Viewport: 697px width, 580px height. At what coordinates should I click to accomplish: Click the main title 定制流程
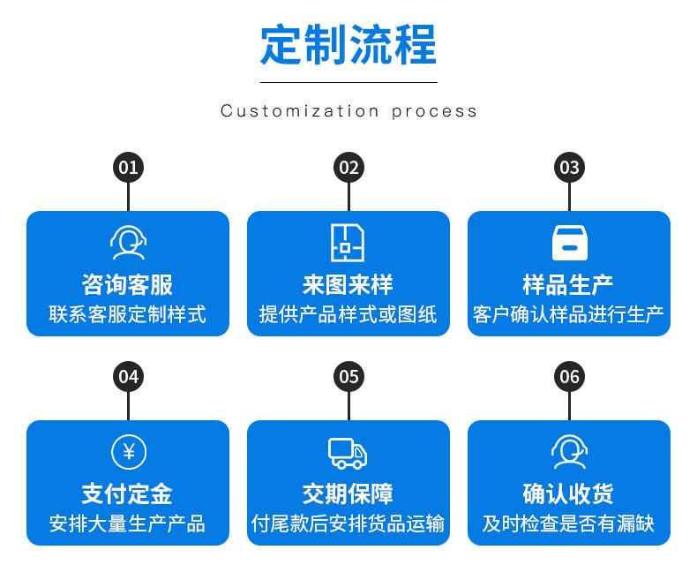pyautogui.click(x=348, y=44)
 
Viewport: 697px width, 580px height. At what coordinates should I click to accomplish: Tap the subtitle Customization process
pyautogui.click(x=348, y=111)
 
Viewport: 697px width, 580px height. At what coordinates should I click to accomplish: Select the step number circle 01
pyautogui.click(x=128, y=168)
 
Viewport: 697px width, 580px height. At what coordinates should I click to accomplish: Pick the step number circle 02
pyautogui.click(x=348, y=168)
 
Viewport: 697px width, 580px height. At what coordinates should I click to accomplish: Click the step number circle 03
pyautogui.click(x=569, y=168)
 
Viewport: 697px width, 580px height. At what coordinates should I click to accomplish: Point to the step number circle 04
pyautogui.click(x=128, y=377)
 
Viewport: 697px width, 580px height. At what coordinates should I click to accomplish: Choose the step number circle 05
pyautogui.click(x=348, y=377)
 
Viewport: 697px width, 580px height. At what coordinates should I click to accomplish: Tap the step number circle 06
pyautogui.click(x=569, y=377)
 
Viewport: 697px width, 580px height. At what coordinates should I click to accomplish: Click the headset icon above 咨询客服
pyautogui.click(x=128, y=242)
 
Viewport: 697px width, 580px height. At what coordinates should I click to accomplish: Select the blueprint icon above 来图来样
pyautogui.click(x=348, y=242)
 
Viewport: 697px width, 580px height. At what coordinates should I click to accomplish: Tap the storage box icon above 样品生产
pyautogui.click(x=569, y=242)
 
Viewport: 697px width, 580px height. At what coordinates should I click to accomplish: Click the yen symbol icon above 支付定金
pyautogui.click(x=128, y=452)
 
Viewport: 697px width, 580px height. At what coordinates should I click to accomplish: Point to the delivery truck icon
pyautogui.click(x=348, y=452)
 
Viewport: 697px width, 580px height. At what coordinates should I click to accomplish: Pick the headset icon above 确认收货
pyautogui.click(x=569, y=452)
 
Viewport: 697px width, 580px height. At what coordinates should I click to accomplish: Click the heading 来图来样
pyautogui.click(x=348, y=284)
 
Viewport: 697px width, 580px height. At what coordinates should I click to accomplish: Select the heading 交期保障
pyautogui.click(x=348, y=493)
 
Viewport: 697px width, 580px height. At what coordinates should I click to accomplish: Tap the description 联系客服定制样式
pyautogui.click(x=128, y=314)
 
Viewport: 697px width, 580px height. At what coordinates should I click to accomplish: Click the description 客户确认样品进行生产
pyautogui.click(x=569, y=314)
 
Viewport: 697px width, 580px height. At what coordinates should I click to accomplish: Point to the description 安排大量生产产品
pyautogui.click(x=128, y=524)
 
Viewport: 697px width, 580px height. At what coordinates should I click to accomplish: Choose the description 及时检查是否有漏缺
pyautogui.click(x=569, y=524)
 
